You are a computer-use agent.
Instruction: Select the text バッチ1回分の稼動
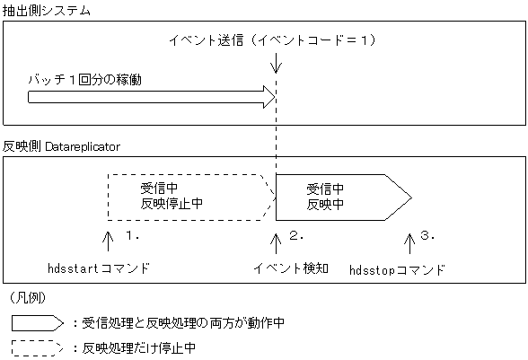[x=84, y=79]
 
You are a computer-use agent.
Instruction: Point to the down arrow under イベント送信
[x=276, y=63]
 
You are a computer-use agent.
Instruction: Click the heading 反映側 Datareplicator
[x=61, y=145]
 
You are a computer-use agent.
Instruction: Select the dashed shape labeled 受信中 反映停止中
[x=189, y=197]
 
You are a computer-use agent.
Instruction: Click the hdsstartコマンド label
[x=99, y=268]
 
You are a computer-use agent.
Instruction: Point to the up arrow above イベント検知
[x=276, y=241]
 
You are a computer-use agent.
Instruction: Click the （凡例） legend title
[x=28, y=296]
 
